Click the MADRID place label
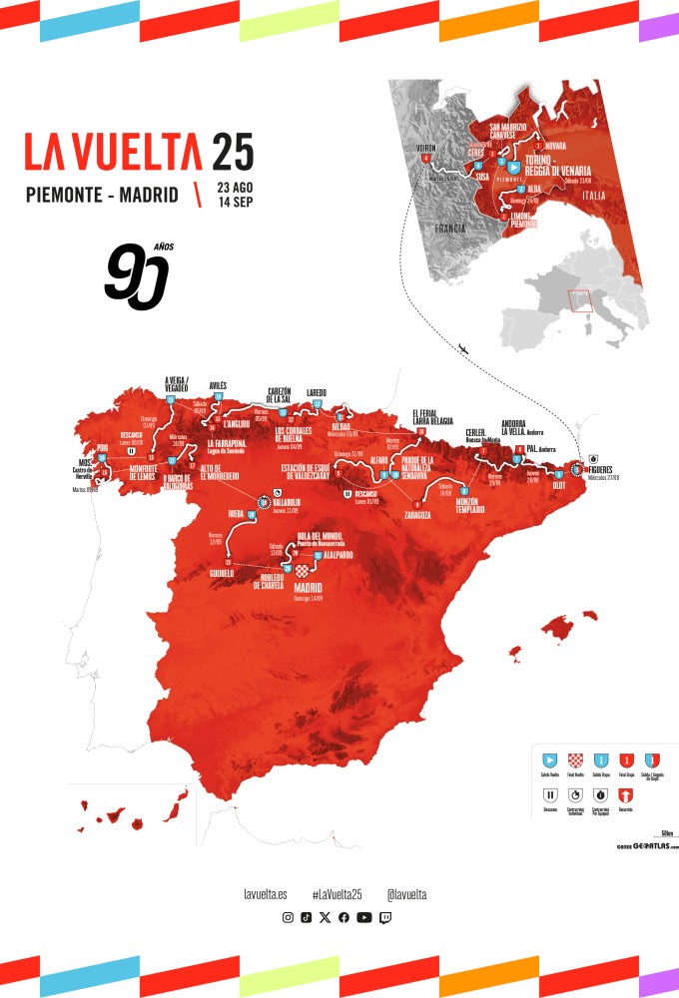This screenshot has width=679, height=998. (x=313, y=587)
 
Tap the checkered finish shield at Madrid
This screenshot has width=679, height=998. (x=287, y=570)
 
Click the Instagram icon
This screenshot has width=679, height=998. (x=288, y=917)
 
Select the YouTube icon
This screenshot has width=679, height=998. (x=363, y=917)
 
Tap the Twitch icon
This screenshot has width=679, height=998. (x=385, y=917)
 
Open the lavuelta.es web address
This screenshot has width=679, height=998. (x=266, y=894)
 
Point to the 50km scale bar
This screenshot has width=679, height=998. (x=664, y=833)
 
